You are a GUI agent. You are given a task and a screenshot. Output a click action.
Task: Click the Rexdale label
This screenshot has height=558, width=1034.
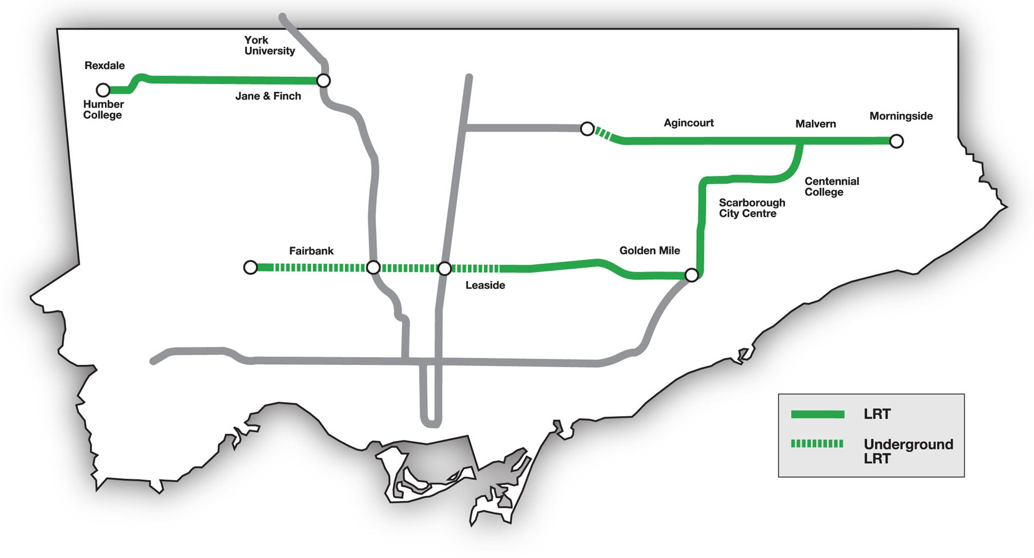(104, 66)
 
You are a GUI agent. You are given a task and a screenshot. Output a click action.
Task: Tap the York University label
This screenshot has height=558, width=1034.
(269, 46)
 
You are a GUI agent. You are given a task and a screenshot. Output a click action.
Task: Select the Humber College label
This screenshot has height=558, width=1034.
(103, 110)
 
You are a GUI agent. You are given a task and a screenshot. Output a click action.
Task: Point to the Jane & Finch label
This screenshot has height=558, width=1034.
(268, 96)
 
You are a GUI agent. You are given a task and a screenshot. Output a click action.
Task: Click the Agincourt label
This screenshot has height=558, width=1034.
(688, 123)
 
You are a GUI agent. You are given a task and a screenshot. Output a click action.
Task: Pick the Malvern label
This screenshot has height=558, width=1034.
(815, 124)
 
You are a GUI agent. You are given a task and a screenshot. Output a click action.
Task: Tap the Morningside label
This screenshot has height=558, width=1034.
(901, 116)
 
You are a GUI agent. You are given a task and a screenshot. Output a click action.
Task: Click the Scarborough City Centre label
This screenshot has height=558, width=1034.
(752, 208)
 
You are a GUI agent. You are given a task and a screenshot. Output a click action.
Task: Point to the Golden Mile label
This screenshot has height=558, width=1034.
(650, 251)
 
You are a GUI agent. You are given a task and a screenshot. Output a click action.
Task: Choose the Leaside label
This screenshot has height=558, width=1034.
(485, 285)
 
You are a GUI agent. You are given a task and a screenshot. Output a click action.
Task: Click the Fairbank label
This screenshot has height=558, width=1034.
(311, 251)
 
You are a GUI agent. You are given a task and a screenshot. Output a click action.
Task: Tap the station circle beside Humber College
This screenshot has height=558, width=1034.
(103, 90)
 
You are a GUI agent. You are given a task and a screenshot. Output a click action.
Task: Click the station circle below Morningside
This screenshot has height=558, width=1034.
(896, 141)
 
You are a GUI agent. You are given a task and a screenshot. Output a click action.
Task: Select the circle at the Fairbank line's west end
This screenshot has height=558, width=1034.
(251, 268)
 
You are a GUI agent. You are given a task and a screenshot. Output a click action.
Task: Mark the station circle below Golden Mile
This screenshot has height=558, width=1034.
(692, 275)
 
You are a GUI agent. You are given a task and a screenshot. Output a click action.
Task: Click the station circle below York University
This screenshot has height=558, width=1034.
(323, 81)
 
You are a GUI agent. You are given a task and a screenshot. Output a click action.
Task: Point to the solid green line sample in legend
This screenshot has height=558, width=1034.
(817, 414)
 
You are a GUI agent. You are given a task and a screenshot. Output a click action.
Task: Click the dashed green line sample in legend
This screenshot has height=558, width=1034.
(817, 443)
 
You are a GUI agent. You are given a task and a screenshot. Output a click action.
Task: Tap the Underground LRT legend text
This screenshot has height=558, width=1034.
(908, 451)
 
